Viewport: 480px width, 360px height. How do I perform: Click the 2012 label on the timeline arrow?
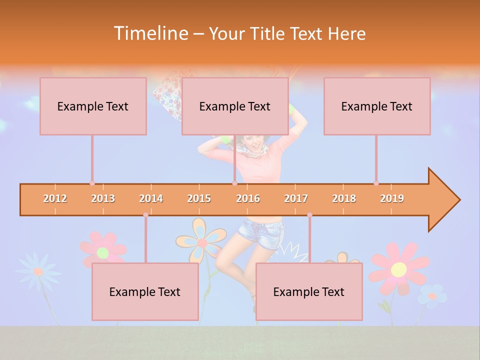pyautogui.click(x=55, y=198)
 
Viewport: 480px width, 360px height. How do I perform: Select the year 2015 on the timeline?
pyautogui.click(x=199, y=198)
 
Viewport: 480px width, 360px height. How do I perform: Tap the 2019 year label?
pyautogui.click(x=392, y=198)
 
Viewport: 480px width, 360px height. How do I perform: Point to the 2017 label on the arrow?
pyautogui.click(x=296, y=198)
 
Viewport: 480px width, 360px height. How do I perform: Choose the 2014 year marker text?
pyautogui.click(x=151, y=198)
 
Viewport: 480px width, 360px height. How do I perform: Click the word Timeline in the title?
pyautogui.click(x=150, y=33)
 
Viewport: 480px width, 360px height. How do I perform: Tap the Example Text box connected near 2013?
pyautogui.click(x=93, y=106)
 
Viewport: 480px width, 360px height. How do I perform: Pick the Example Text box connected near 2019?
pyautogui.click(x=377, y=106)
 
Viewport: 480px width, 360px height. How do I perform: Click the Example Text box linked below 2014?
pyautogui.click(x=145, y=291)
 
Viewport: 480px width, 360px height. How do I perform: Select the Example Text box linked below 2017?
pyautogui.click(x=309, y=291)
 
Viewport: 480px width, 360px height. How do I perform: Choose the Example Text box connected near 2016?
pyautogui.click(x=235, y=106)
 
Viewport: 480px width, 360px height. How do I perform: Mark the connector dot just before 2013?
pyautogui.click(x=92, y=183)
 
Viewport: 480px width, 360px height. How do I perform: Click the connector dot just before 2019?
pyautogui.click(x=376, y=183)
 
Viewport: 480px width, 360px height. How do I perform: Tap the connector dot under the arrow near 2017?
pyautogui.click(x=309, y=215)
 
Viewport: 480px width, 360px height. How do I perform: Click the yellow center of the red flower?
pyautogui.click(x=398, y=269)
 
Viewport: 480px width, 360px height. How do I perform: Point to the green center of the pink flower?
pyautogui.click(x=102, y=252)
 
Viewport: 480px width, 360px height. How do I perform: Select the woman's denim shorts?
pyautogui.click(x=260, y=233)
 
